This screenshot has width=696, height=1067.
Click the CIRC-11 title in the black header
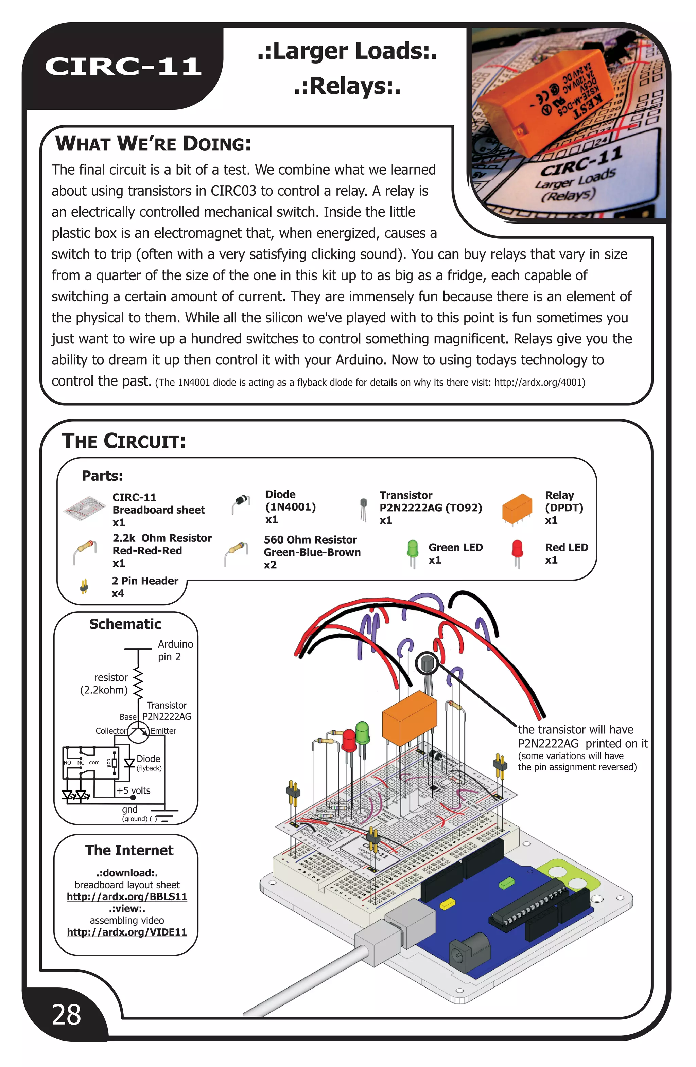click(123, 66)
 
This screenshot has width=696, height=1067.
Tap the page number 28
click(66, 1015)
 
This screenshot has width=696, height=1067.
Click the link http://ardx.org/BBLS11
click(127, 896)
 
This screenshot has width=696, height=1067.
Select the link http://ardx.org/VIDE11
click(127, 932)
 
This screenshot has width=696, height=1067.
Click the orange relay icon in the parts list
click(517, 509)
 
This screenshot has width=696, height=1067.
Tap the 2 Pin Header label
click(145, 581)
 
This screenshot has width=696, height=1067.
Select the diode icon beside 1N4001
click(241, 503)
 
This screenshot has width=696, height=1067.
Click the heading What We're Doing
click(153, 144)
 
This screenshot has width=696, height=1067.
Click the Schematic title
click(125, 624)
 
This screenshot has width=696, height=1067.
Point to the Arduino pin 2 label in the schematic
click(175, 650)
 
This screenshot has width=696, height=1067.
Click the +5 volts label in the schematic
click(133, 790)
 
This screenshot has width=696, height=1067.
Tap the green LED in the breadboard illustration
click(362, 731)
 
